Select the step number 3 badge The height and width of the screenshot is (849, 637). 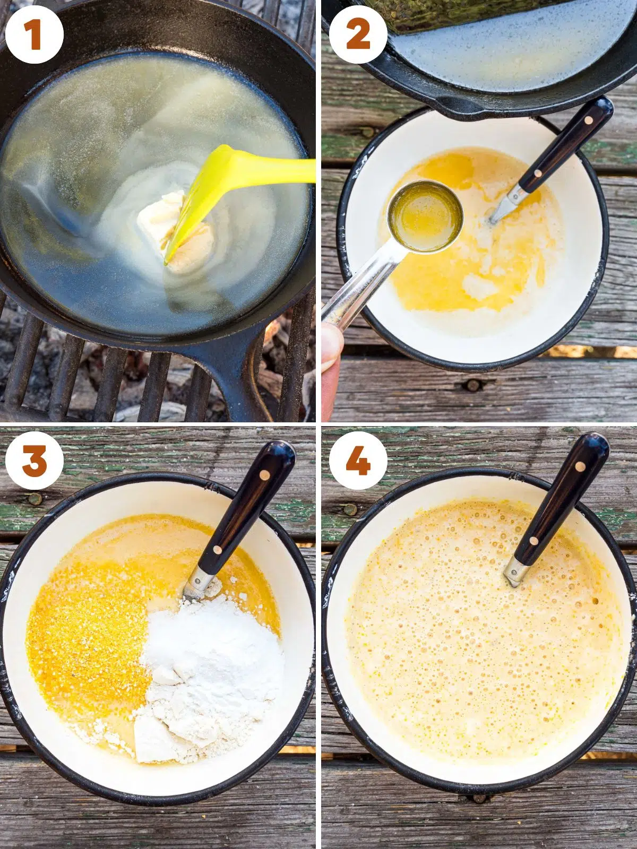point(35,460)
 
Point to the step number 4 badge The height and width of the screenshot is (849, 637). point(358,460)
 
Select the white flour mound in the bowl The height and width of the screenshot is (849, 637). point(212,663)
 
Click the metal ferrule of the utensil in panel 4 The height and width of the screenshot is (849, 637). point(515,570)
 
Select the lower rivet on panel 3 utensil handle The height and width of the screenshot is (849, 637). point(217,550)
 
